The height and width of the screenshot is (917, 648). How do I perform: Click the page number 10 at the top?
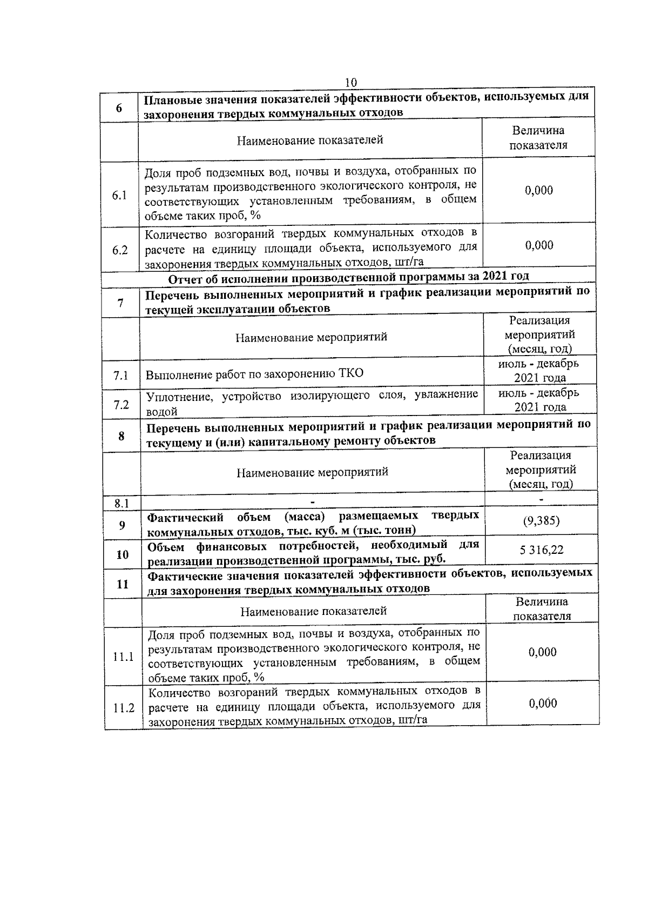(350, 82)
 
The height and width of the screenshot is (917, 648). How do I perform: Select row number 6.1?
(119, 196)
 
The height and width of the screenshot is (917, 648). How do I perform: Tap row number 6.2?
(120, 250)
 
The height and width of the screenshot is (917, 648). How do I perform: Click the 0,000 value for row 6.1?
(539, 190)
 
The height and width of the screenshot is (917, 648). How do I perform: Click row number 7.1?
(121, 374)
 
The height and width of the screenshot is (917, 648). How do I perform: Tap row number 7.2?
(122, 404)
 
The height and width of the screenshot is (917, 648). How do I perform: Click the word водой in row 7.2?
(162, 412)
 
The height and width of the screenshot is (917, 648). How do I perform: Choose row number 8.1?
(122, 504)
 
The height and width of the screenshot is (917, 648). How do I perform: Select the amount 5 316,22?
(542, 550)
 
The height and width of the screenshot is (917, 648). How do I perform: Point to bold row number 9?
(122, 525)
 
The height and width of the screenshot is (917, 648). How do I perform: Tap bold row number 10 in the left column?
(123, 554)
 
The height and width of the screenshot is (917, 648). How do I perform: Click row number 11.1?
(123, 657)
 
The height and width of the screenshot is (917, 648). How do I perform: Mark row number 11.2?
(124, 708)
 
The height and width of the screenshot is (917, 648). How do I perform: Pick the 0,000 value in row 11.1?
(543, 652)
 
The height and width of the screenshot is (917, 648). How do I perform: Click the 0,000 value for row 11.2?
(543, 703)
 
